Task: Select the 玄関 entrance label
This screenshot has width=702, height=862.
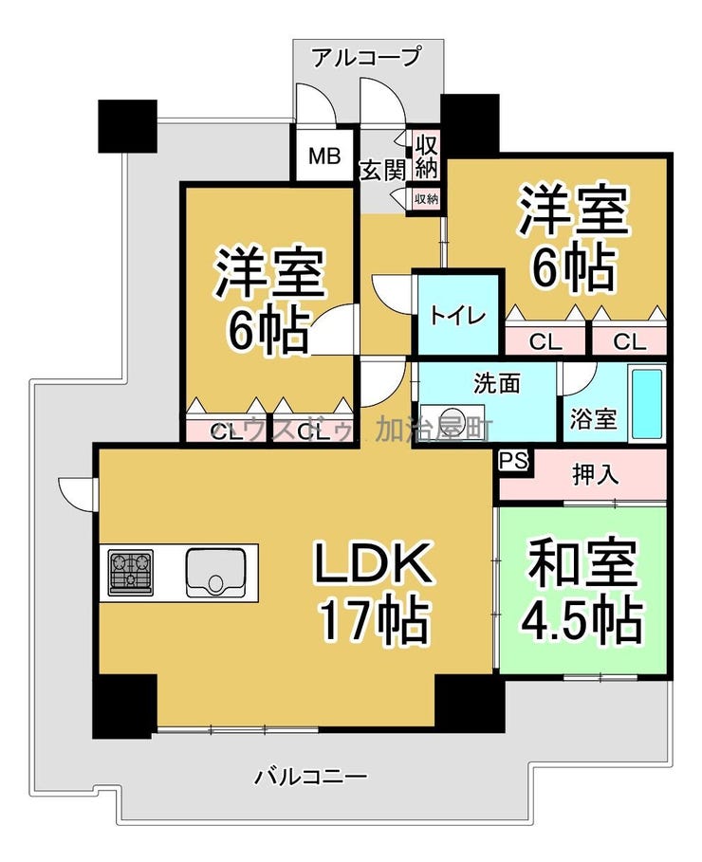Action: point(382,170)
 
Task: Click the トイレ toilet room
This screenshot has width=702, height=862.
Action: point(458,315)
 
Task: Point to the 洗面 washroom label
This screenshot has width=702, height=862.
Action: point(497,384)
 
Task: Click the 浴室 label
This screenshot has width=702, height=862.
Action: point(593,418)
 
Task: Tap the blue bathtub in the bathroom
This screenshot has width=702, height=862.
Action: point(647,402)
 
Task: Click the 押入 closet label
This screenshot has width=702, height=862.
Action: point(596,474)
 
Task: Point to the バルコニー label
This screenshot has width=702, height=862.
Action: point(310,778)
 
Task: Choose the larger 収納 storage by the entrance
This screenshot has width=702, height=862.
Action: point(426,157)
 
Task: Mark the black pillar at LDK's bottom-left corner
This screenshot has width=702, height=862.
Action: point(124,706)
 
